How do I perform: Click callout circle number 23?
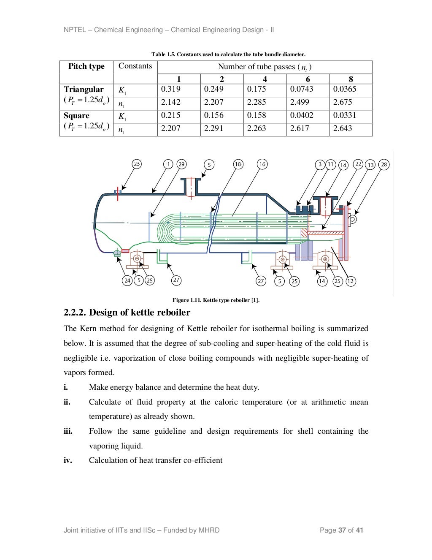click(x=137, y=164)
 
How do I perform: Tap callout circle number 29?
click(x=181, y=164)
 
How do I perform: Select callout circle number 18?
click(x=238, y=164)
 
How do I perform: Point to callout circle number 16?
click(x=262, y=164)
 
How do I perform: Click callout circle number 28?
click(x=384, y=165)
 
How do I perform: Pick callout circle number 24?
click(x=127, y=280)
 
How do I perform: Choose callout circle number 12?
click(x=351, y=281)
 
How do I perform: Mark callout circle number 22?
click(x=358, y=164)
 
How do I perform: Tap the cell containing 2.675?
click(x=343, y=102)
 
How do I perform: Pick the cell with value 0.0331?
click(x=344, y=115)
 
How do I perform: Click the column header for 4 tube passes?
click(x=265, y=79)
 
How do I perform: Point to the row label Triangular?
click(x=84, y=90)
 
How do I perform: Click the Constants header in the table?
click(x=135, y=66)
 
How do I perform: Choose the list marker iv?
click(x=67, y=460)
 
